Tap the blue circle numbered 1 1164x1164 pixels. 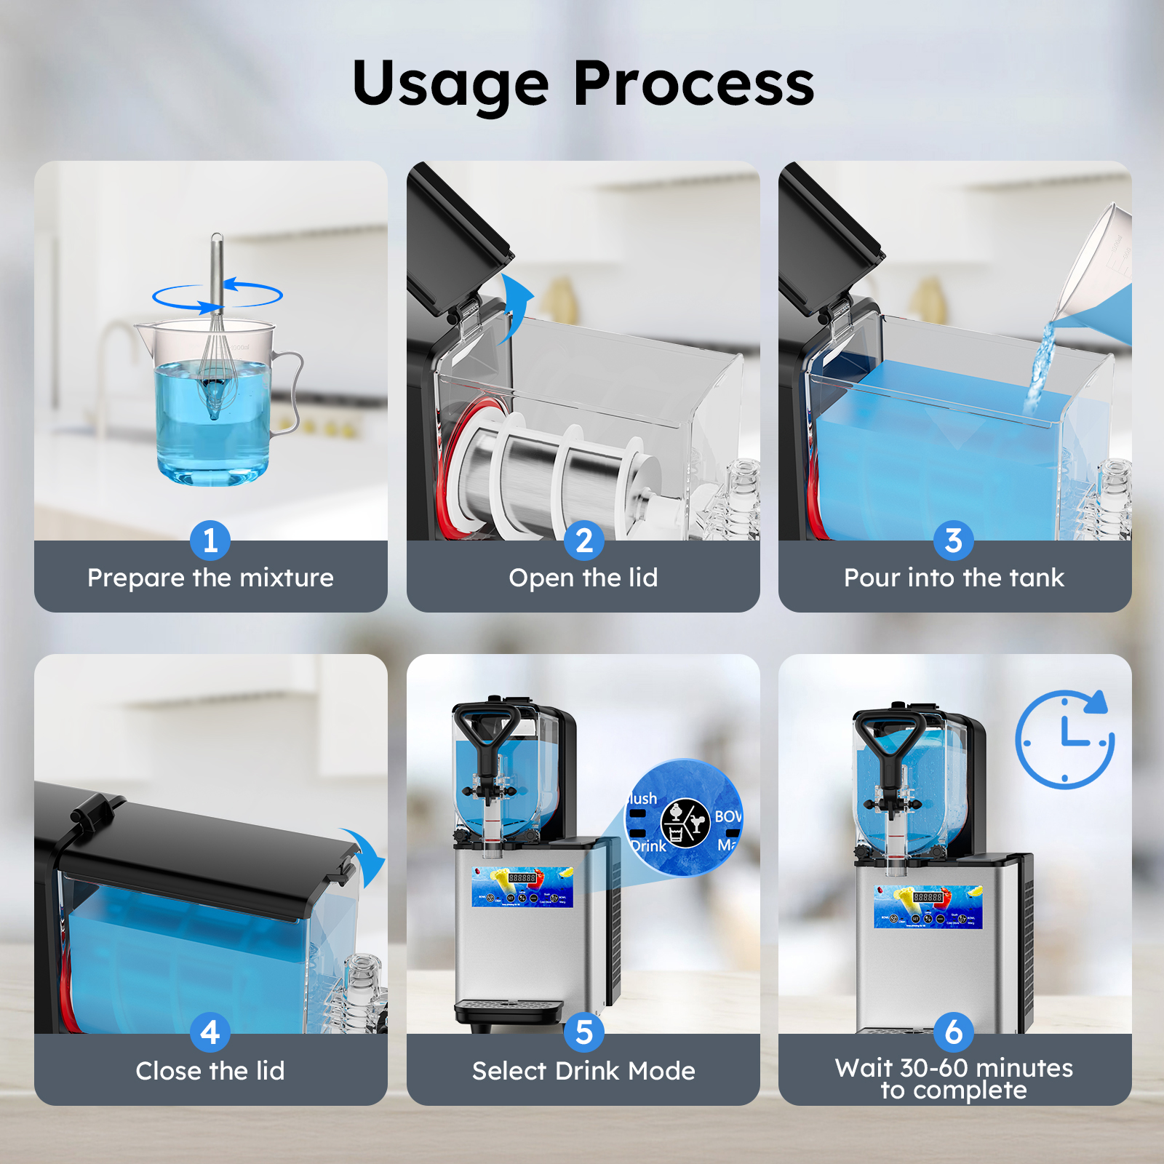(210, 541)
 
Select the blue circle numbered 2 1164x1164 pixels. (583, 541)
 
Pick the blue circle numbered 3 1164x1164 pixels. (954, 541)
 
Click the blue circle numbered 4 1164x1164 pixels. (210, 1032)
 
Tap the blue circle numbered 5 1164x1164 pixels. (583, 1032)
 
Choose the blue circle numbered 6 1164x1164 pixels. (954, 1032)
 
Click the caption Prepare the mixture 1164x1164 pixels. (210, 578)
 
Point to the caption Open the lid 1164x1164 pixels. (583, 578)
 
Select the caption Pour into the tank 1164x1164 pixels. (954, 578)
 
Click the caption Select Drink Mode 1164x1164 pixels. (583, 1071)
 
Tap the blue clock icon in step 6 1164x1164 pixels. (1064, 741)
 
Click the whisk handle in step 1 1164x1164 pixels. (217, 269)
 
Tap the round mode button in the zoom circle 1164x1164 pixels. (685, 823)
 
